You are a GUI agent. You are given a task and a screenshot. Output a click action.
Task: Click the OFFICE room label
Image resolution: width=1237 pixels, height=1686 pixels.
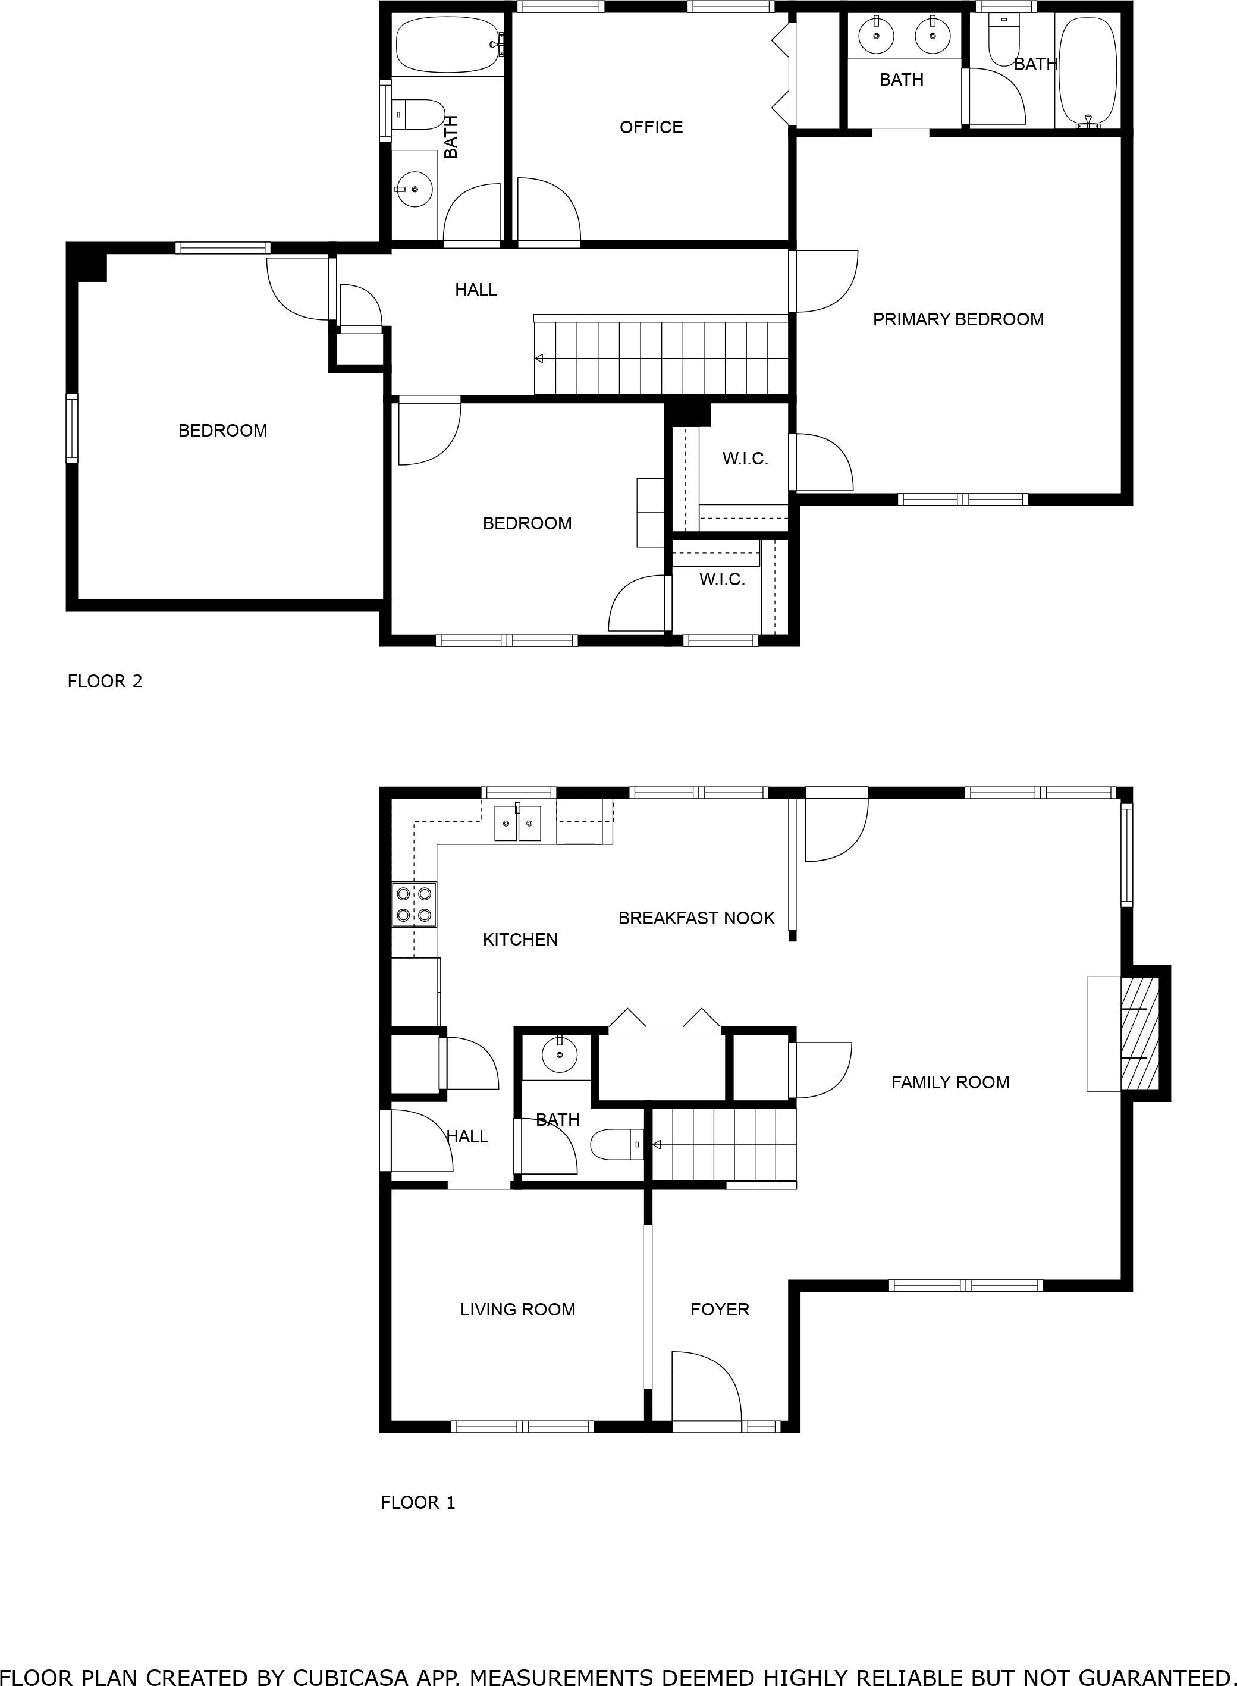click(651, 127)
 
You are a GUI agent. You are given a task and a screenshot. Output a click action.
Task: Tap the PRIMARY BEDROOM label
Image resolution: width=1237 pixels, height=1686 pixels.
click(957, 320)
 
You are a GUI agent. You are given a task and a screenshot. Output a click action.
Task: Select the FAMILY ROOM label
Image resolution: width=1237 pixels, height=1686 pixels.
click(950, 1082)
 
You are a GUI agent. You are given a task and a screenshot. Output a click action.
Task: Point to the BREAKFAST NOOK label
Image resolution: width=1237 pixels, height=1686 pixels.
click(696, 918)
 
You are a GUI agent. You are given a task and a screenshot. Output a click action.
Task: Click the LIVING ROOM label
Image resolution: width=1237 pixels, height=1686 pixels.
click(517, 1310)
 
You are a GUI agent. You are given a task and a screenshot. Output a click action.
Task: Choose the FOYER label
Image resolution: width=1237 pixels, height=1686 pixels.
click(720, 1310)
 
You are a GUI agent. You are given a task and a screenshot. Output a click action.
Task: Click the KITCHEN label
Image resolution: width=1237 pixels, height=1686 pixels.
click(520, 940)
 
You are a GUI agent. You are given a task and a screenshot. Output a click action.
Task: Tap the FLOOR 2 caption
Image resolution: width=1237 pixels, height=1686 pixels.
click(105, 682)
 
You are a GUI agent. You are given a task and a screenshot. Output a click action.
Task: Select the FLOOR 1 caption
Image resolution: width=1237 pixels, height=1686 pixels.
click(418, 1503)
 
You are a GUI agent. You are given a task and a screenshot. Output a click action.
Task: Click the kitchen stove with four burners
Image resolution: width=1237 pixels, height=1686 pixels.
click(414, 905)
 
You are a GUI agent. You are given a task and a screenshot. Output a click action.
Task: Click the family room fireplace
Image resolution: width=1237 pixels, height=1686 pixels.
click(1138, 1032)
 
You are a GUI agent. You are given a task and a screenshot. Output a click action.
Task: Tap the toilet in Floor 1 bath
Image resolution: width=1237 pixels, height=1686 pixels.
click(616, 1145)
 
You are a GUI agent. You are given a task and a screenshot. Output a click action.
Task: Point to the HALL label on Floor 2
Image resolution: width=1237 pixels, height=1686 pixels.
click(476, 290)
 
